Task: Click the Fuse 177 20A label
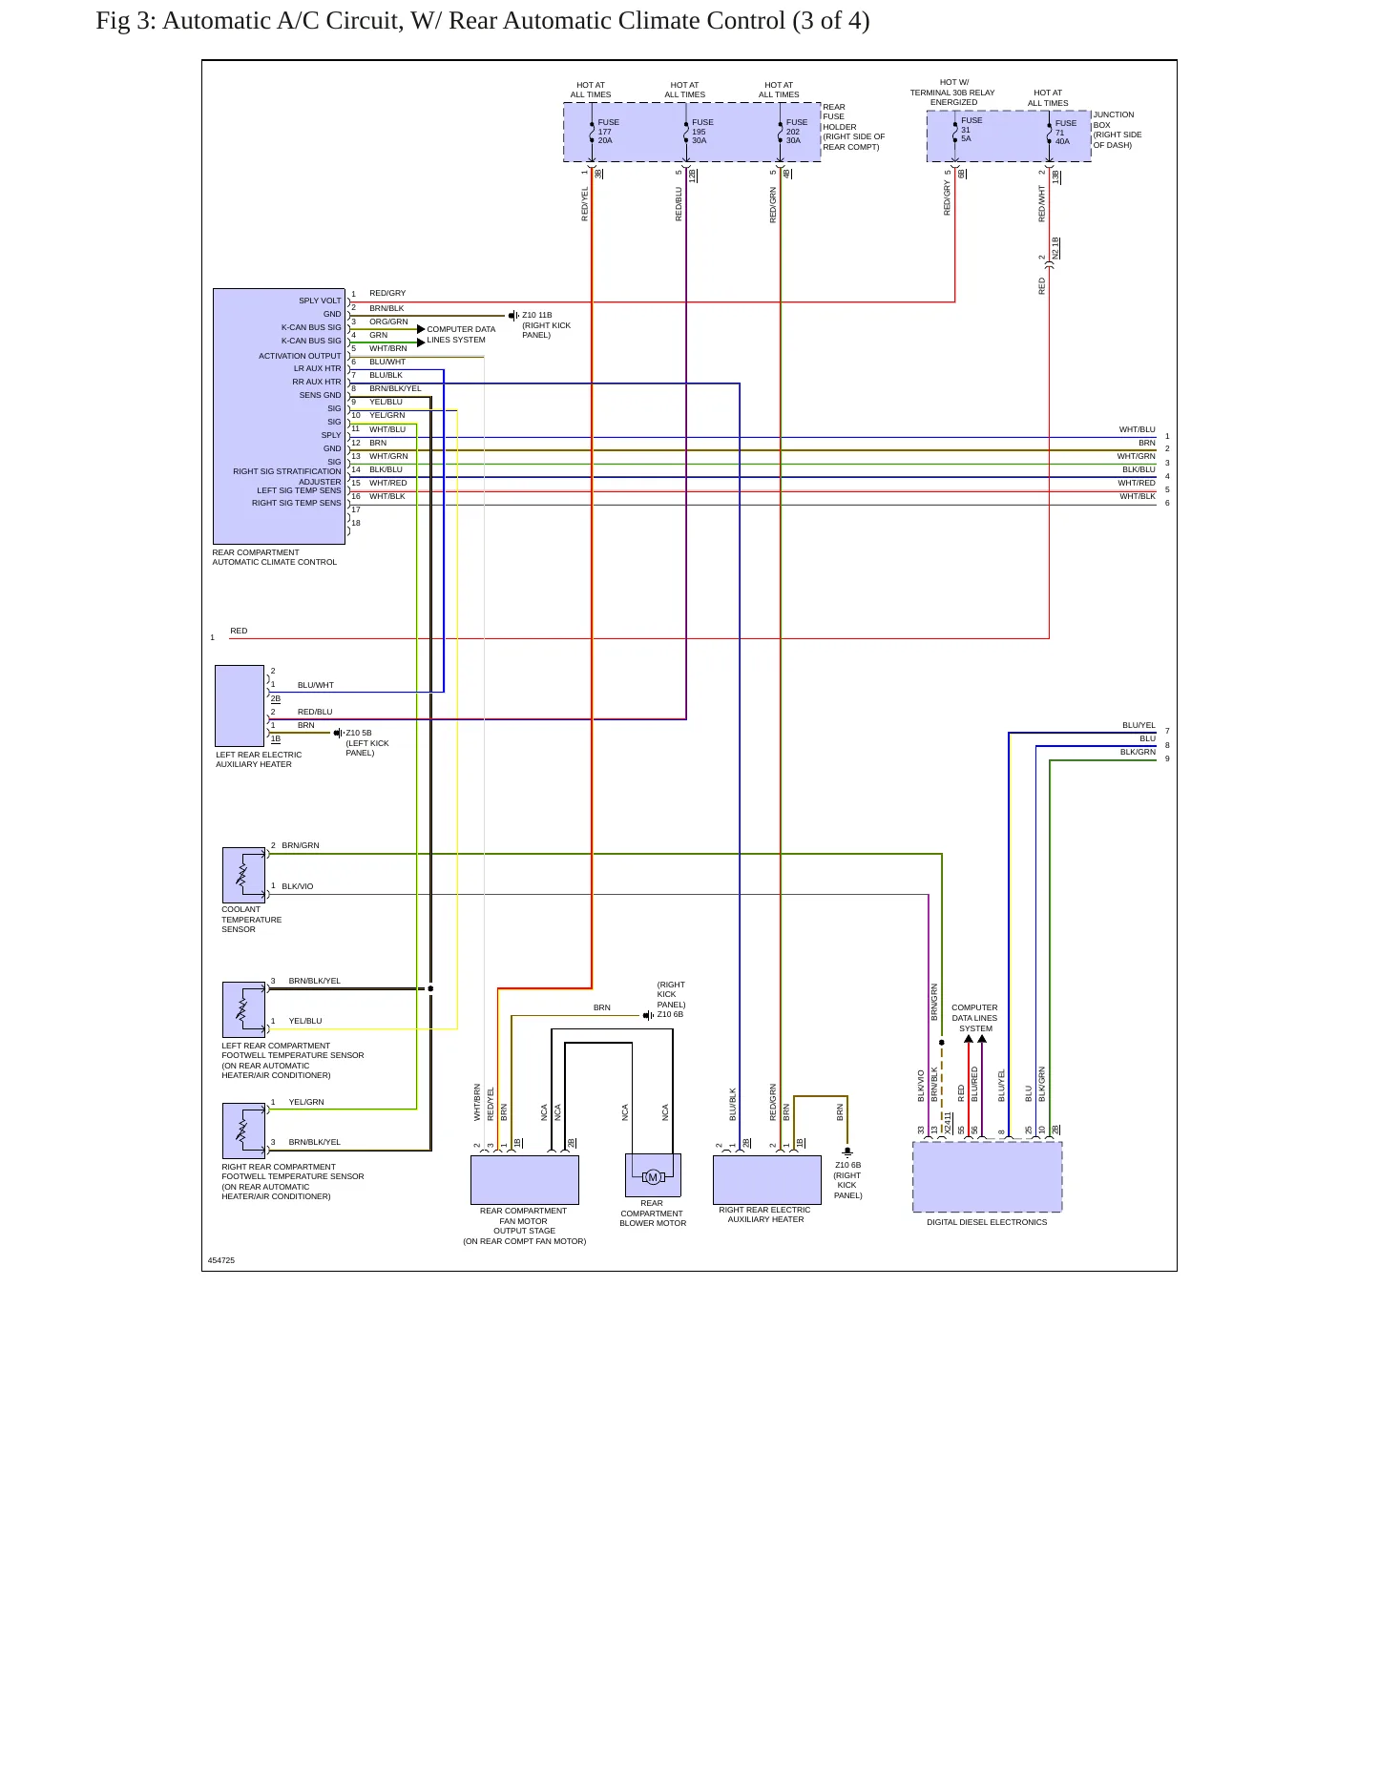coord(608,132)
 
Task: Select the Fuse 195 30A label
coord(702,132)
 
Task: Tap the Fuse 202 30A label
coord(797,132)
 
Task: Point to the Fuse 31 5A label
coord(972,130)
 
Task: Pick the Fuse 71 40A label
coord(1066,133)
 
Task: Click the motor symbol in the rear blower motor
coord(653,1177)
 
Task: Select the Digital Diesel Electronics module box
coord(988,1177)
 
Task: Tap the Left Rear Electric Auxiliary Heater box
coord(240,706)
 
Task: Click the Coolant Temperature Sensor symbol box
coord(244,875)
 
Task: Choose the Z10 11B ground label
coord(536,315)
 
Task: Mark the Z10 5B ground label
coord(359,733)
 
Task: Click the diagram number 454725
coord(221,1260)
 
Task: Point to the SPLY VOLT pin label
coord(320,301)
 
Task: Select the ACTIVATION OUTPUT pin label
coord(300,356)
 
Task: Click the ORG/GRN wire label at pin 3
coord(388,322)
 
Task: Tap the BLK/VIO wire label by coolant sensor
coord(298,886)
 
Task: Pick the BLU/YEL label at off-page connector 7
coord(1139,725)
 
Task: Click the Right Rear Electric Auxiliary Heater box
coord(767,1180)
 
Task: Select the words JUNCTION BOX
coord(1114,119)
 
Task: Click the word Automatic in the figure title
coord(211,21)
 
